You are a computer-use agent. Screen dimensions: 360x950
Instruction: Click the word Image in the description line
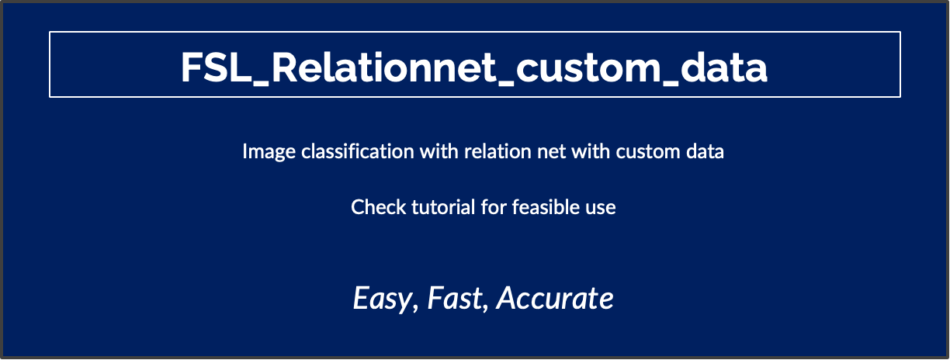click(x=263, y=151)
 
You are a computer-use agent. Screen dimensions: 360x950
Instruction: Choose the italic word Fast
click(x=458, y=298)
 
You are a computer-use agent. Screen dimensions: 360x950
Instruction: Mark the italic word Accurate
click(x=555, y=298)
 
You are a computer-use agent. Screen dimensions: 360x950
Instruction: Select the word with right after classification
click(x=439, y=151)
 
